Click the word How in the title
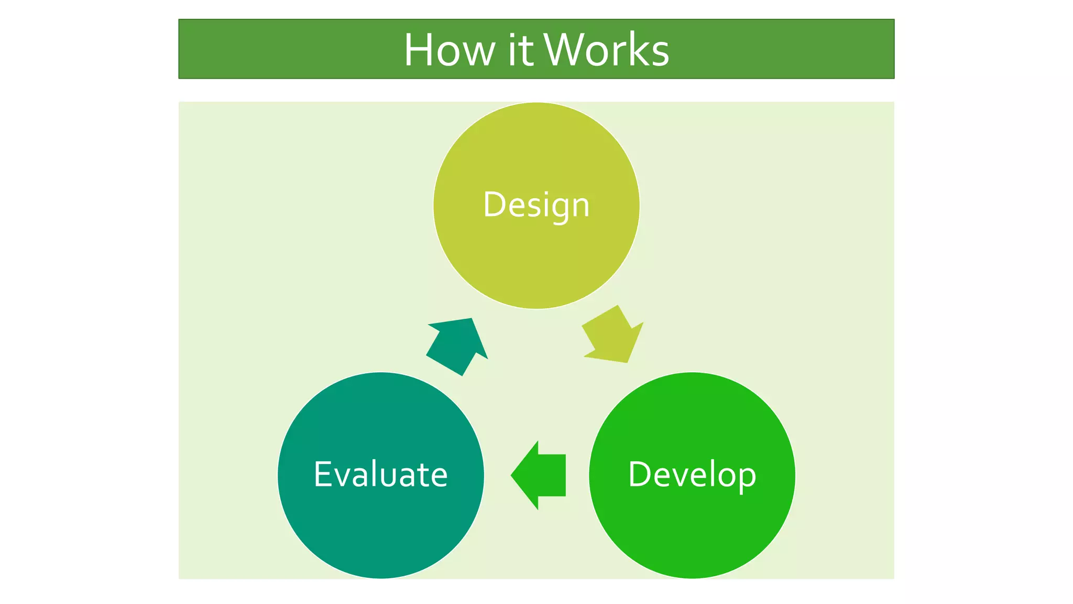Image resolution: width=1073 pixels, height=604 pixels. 449,50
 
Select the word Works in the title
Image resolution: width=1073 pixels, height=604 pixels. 606,50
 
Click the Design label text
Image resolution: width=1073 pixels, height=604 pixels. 536,204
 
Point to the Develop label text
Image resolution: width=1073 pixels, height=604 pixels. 692,474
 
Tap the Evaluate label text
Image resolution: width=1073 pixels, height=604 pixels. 380,474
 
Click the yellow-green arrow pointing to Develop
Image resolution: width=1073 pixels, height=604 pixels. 614,336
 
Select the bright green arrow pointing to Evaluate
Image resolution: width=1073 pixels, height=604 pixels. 540,475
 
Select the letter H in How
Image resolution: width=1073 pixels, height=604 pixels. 419,50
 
